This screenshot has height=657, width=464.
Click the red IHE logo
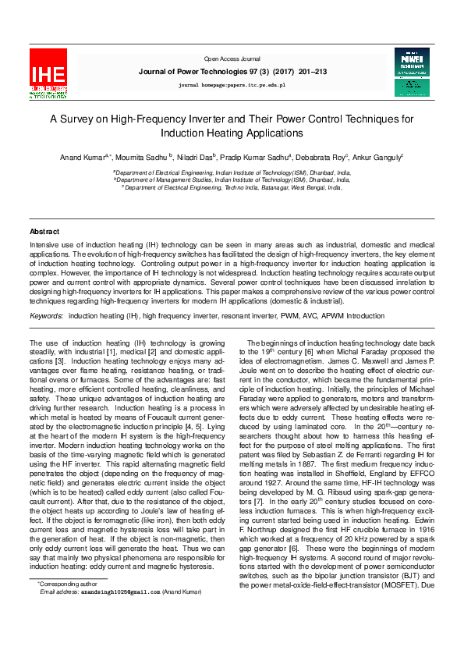[x=48, y=73]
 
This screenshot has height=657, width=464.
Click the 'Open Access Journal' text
[x=232, y=59]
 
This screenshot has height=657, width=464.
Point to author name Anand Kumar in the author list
[x=81, y=157]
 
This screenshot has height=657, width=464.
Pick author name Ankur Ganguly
[x=378, y=157]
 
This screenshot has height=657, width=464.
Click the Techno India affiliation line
[x=232, y=187]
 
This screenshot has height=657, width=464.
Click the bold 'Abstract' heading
[x=44, y=232]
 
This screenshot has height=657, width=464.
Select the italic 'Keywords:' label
[x=46, y=315]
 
